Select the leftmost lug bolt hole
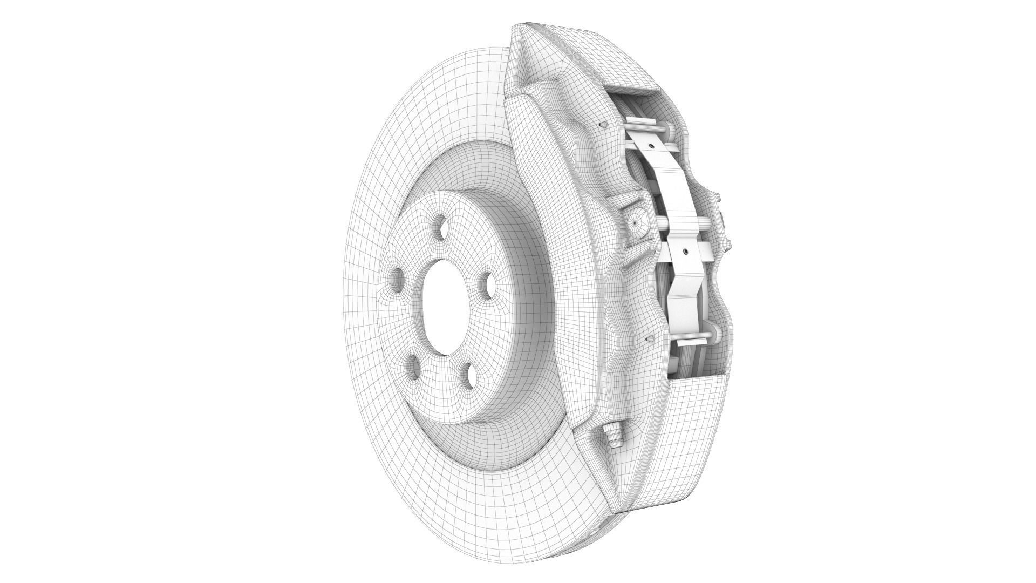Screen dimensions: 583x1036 (398, 281)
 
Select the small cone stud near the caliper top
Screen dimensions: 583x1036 (603, 125)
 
